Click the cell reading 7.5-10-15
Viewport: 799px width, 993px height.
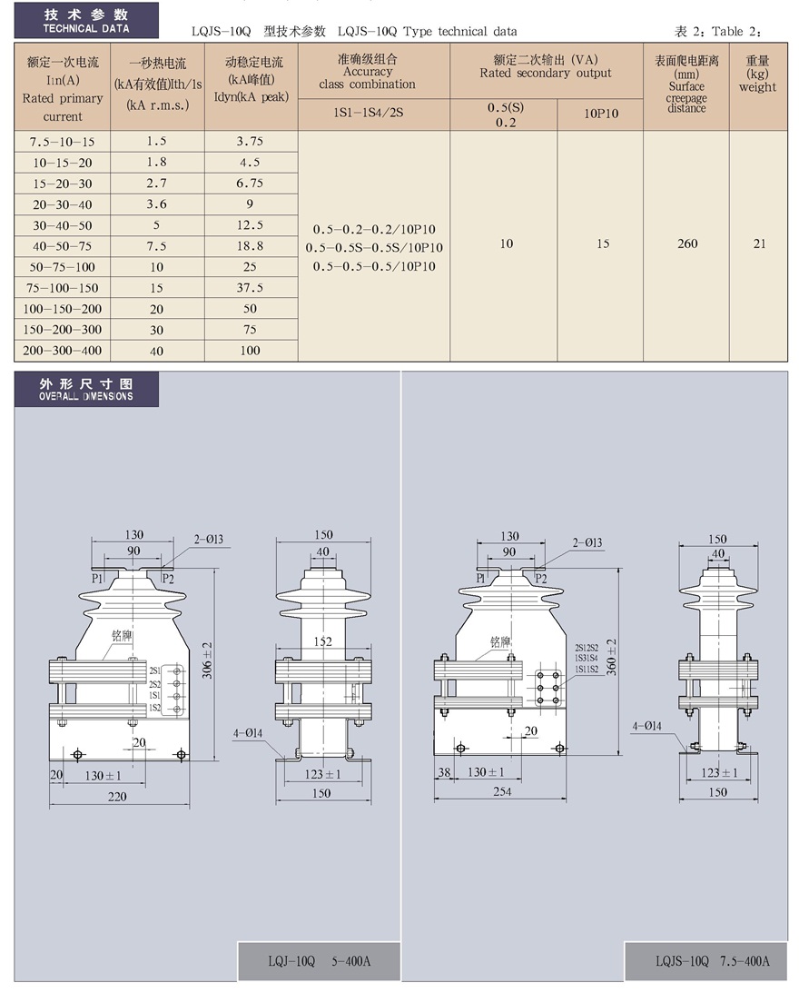point(62,142)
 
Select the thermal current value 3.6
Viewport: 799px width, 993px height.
point(156,204)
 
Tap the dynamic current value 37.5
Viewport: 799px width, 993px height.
point(250,287)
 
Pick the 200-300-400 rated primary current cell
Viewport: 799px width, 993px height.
point(62,350)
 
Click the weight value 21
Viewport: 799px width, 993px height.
point(759,243)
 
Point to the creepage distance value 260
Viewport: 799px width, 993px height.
point(687,243)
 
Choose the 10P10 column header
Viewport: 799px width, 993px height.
point(601,114)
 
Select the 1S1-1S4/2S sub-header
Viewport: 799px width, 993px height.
point(369,113)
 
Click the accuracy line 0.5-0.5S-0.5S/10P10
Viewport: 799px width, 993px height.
point(374,248)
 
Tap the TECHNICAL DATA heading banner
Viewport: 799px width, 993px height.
point(86,20)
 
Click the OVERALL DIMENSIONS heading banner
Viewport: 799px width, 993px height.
point(86,389)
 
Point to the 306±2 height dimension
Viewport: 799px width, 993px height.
point(207,660)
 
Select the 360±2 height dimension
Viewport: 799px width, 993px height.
point(611,657)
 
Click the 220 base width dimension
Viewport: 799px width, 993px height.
point(117,797)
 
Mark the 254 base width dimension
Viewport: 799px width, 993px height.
point(502,791)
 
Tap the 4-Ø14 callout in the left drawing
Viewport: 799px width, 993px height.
point(248,733)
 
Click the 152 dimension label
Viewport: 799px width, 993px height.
point(323,641)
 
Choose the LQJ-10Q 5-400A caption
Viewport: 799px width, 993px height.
point(319,961)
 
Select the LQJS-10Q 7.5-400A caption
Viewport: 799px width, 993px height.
point(712,961)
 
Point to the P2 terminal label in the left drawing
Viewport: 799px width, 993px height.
point(168,579)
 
